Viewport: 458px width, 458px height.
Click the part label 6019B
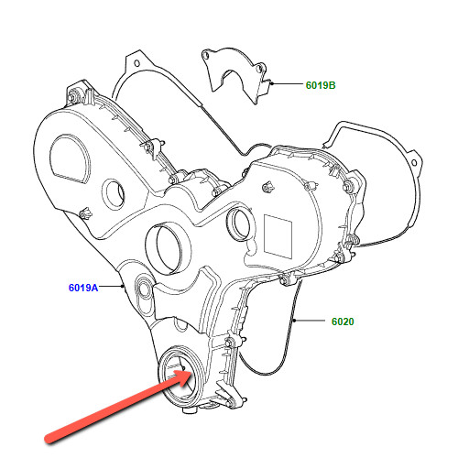click(x=321, y=85)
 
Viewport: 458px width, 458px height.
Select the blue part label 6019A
click(x=83, y=288)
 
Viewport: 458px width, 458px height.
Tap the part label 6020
click(x=343, y=322)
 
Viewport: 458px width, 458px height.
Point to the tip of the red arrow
click(x=191, y=372)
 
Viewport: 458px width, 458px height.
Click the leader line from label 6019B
click(x=287, y=83)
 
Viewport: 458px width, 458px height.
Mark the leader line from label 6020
click(x=309, y=321)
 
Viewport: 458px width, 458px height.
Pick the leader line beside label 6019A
click(x=111, y=286)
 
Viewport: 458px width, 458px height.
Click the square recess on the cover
click(x=278, y=236)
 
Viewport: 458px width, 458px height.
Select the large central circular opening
click(x=167, y=247)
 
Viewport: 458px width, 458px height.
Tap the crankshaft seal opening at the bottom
click(x=178, y=377)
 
